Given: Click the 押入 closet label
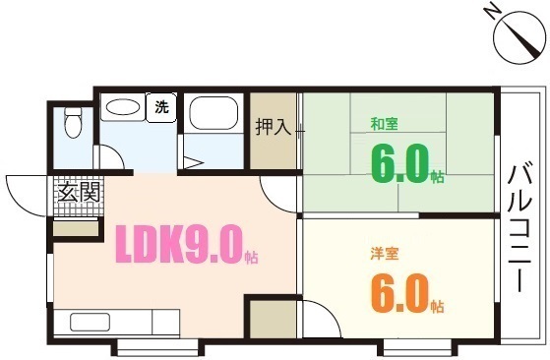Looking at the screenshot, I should pyautogui.click(x=273, y=127).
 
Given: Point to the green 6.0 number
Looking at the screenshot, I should pyautogui.click(x=397, y=163).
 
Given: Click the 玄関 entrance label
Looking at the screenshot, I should pyautogui.click(x=78, y=193).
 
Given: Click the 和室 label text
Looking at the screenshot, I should pyautogui.click(x=383, y=125).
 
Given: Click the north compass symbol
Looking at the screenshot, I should pyautogui.click(x=519, y=38).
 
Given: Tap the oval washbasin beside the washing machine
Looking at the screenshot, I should pyautogui.click(x=122, y=108).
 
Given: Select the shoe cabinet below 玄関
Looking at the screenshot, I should pyautogui.click(x=77, y=228).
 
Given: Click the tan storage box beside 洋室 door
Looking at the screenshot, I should pyautogui.click(x=270, y=322).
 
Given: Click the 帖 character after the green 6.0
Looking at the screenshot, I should pyautogui.click(x=438, y=177).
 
